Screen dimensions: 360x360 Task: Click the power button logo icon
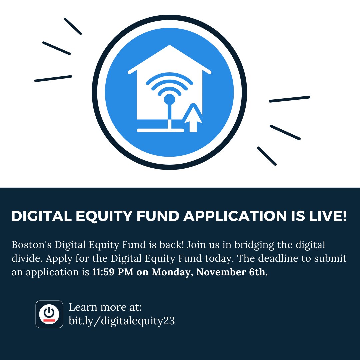49,314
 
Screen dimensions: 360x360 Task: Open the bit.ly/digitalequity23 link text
122,321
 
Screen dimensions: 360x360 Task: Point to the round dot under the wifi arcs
170,99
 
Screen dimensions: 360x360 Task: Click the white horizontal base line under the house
160,130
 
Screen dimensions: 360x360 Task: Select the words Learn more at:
105,307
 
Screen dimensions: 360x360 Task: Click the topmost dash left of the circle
73,26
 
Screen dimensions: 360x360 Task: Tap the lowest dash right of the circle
267,156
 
